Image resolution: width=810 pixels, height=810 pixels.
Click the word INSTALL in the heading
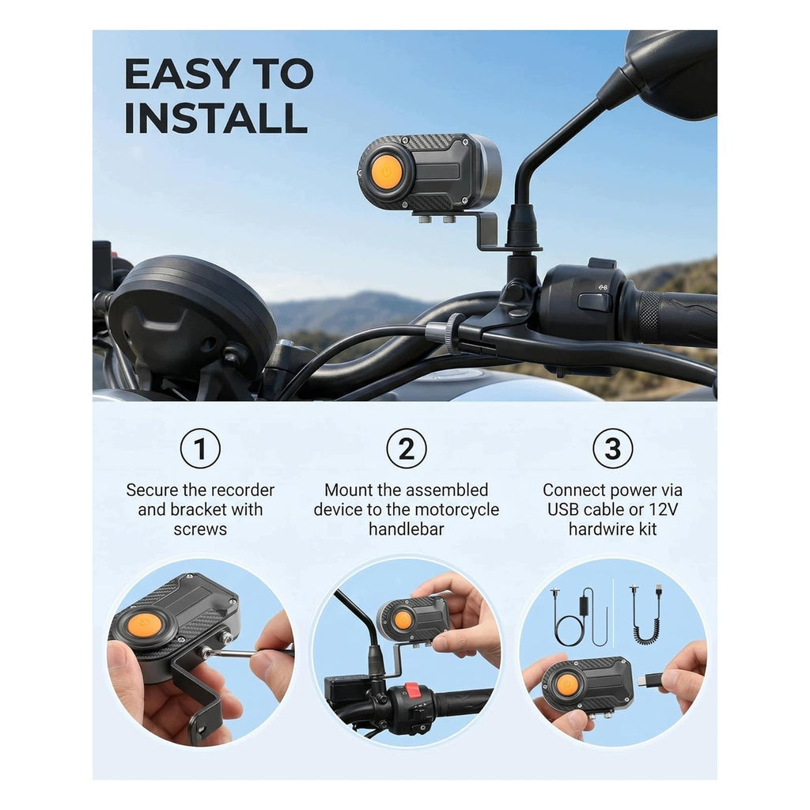[x=216, y=118]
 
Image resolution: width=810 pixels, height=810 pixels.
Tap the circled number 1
[x=200, y=449]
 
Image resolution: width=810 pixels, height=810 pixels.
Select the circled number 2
[x=407, y=449]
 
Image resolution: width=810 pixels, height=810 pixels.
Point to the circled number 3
[x=613, y=449]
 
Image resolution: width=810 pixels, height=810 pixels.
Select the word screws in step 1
[x=200, y=529]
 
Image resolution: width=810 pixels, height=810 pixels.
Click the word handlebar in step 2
[x=407, y=529]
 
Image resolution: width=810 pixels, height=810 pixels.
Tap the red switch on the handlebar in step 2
[x=411, y=690]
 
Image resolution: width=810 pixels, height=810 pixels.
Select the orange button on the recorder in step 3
[x=567, y=684]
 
